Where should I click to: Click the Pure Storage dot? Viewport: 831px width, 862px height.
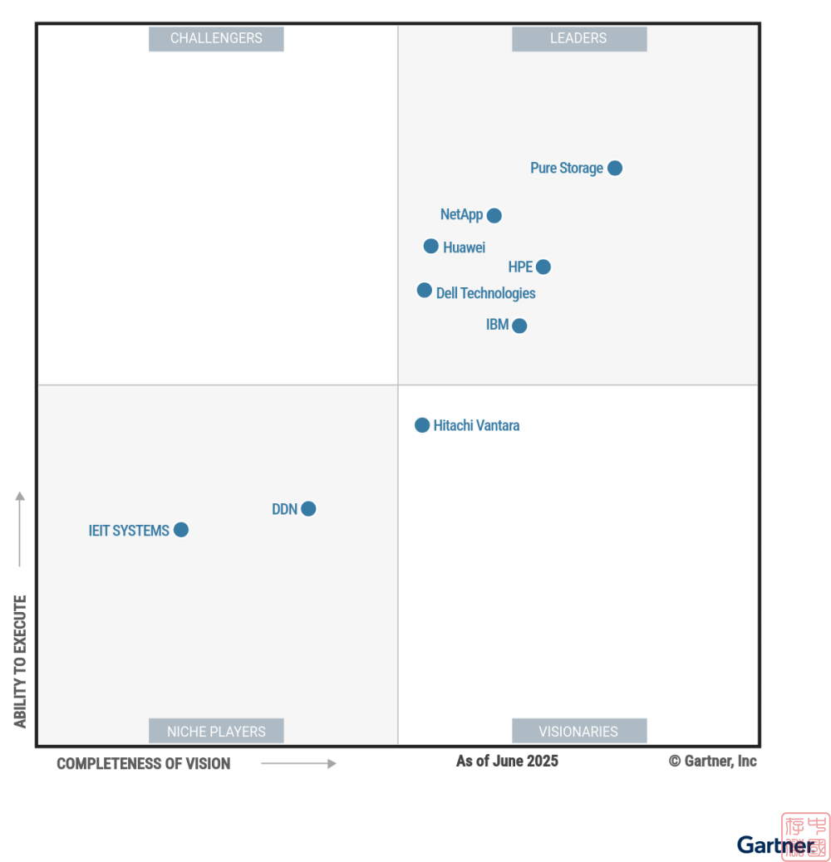click(x=614, y=168)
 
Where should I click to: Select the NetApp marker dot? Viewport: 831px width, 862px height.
click(x=494, y=215)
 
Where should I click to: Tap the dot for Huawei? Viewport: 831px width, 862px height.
click(x=430, y=246)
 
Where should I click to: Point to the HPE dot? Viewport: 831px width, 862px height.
click(x=543, y=267)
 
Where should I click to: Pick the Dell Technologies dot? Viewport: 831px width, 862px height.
click(x=424, y=291)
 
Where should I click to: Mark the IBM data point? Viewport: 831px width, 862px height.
click(x=519, y=326)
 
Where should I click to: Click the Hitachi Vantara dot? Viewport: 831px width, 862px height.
click(x=422, y=425)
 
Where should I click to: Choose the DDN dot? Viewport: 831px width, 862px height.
click(x=308, y=508)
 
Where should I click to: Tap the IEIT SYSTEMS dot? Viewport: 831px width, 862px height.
click(x=181, y=530)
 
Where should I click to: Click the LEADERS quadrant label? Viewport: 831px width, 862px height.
click(x=578, y=38)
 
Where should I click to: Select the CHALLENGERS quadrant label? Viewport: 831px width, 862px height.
click(x=216, y=38)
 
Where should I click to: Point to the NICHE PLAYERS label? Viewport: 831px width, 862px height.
click(x=216, y=732)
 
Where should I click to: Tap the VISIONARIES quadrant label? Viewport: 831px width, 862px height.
click(x=578, y=732)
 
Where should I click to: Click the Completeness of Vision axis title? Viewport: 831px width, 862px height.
click(x=143, y=763)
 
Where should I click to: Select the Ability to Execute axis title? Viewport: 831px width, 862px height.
click(x=20, y=661)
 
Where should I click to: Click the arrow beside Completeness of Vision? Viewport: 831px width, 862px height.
click(x=298, y=763)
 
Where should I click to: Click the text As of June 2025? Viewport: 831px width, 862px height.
click(x=507, y=761)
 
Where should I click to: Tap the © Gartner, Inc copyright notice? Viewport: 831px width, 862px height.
click(x=713, y=761)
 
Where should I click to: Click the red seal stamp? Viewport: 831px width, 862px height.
click(x=804, y=836)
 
